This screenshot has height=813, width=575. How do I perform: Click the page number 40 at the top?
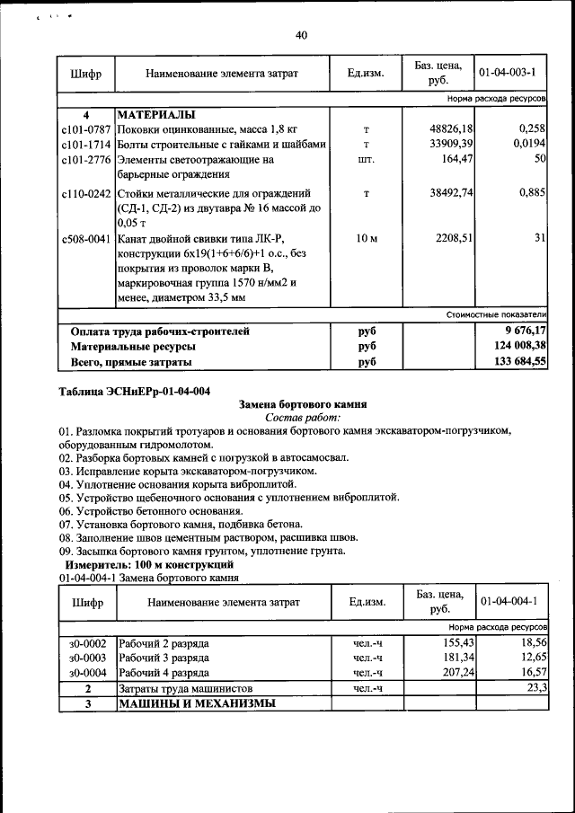pyautogui.click(x=301, y=35)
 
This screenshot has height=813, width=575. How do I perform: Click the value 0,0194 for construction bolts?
pyautogui.click(x=530, y=144)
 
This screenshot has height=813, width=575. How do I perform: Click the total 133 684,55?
pyautogui.click(x=515, y=362)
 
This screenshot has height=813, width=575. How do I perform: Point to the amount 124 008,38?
pyautogui.click(x=515, y=346)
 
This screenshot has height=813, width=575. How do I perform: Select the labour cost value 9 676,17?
pyautogui.click(x=521, y=331)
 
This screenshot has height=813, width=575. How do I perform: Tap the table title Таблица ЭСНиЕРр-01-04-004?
pyautogui.click(x=134, y=392)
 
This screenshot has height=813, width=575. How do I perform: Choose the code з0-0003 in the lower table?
pyautogui.click(x=87, y=658)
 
